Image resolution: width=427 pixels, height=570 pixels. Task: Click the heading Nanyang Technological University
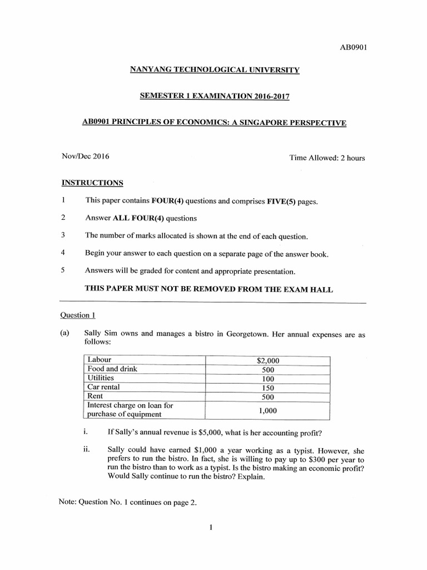(214, 70)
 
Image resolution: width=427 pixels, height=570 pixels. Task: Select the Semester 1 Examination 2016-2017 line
(214, 96)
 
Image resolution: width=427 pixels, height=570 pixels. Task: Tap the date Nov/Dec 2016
(85, 156)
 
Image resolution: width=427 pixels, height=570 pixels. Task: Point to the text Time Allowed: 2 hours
(327, 158)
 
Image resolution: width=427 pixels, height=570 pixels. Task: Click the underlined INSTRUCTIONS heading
(92, 183)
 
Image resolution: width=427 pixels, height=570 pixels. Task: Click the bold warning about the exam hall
(208, 289)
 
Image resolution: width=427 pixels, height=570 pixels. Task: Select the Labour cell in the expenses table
(100, 360)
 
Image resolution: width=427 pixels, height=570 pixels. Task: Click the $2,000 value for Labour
(268, 361)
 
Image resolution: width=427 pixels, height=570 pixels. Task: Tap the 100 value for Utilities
(268, 379)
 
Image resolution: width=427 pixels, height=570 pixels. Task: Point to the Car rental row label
(104, 387)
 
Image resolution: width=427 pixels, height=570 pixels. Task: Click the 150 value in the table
(268, 387)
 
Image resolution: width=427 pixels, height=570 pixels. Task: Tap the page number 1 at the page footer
(212, 528)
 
